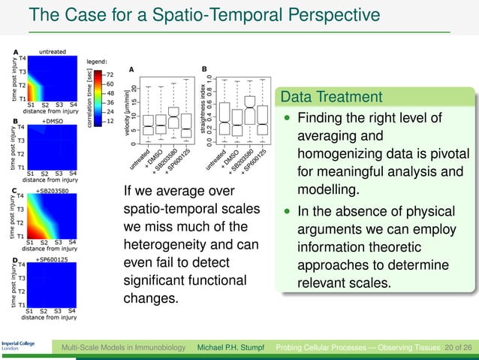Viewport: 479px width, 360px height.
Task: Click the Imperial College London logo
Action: [x=16, y=349]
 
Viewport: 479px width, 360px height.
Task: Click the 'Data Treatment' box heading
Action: [x=330, y=97]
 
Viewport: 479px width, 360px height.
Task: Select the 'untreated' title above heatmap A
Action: [x=51, y=51]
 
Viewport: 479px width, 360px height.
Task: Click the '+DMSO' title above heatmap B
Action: [x=52, y=120]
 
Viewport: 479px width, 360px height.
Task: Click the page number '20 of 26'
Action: [x=456, y=349]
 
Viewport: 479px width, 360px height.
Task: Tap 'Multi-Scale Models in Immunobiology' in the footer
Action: [x=125, y=349]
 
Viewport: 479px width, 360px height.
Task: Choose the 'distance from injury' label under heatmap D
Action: [x=51, y=317]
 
